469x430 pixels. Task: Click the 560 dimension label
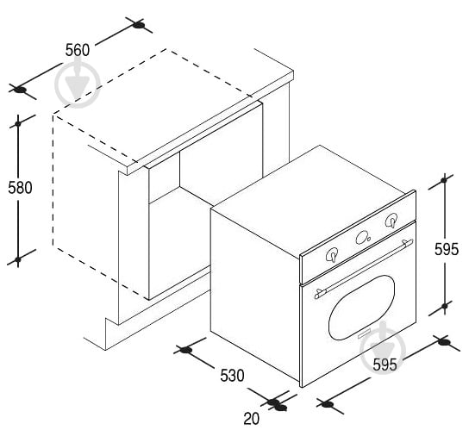[x=78, y=50]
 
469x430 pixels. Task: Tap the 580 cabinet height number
[x=20, y=188]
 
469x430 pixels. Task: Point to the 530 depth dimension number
[x=232, y=376]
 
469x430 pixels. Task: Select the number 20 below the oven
[x=251, y=418]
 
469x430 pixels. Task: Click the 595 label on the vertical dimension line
[x=447, y=249]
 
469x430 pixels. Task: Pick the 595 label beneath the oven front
[x=385, y=365]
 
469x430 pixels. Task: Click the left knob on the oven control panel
[x=332, y=255]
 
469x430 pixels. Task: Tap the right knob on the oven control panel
[x=391, y=221]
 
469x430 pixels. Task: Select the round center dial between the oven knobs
[x=363, y=238]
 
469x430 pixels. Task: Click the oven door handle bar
[x=364, y=269]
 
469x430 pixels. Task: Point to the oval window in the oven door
[x=361, y=308]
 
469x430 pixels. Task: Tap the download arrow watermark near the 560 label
[x=78, y=84]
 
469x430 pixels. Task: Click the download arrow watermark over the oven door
[x=383, y=347]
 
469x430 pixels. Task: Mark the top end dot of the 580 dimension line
[x=18, y=123]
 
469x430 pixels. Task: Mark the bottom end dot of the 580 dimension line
[x=18, y=259]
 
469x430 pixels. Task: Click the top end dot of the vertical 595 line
[x=444, y=180]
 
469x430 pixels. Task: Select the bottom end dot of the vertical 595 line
[x=445, y=306]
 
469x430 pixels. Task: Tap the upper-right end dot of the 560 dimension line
[x=139, y=25]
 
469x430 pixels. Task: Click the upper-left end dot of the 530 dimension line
[x=185, y=350]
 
